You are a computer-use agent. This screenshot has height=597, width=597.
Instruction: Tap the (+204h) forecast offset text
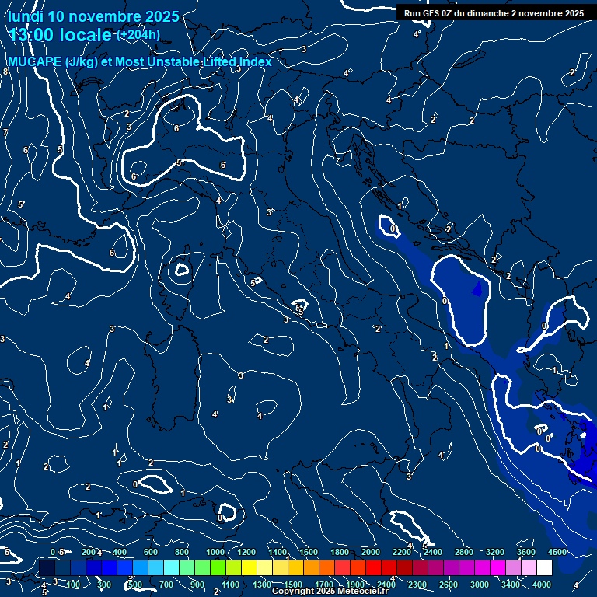point(138,35)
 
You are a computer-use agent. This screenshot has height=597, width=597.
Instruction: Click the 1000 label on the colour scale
point(216,552)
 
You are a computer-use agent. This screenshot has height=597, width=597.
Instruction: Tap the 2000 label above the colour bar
point(371,552)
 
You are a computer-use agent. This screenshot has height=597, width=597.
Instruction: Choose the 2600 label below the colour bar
point(449,585)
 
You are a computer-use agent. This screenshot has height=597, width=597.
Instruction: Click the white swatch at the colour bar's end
point(544,568)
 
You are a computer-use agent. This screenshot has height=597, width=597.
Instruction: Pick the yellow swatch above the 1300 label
point(263,568)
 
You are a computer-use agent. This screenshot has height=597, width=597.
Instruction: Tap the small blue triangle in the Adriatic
point(477,289)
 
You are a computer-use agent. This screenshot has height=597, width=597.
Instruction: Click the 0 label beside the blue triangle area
point(445,300)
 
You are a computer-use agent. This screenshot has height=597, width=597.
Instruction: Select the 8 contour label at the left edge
point(5,72)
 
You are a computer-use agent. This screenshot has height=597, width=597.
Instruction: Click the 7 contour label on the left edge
point(5,133)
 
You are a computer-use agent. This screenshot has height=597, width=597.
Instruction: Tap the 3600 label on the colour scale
point(525,552)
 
